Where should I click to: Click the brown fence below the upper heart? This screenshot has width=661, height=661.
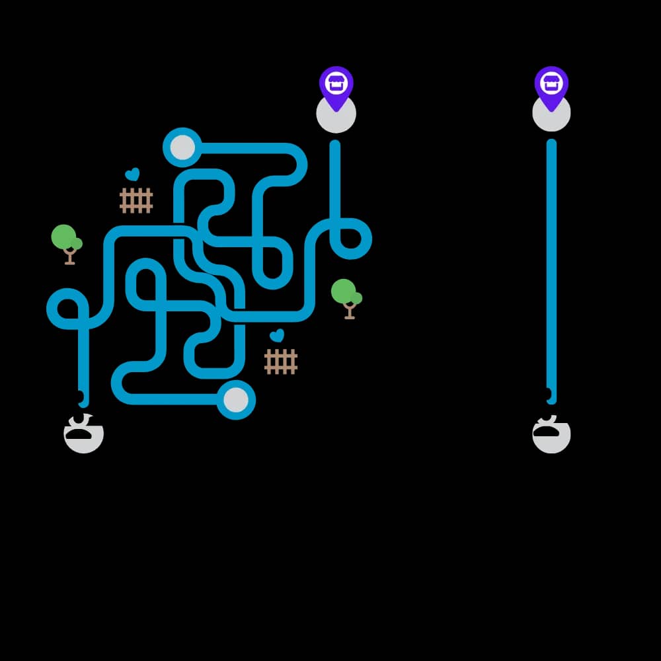[136, 200]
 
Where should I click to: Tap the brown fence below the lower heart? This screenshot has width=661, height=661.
[281, 362]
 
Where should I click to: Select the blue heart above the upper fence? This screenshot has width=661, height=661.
[132, 175]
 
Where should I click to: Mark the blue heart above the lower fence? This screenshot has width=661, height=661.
[277, 336]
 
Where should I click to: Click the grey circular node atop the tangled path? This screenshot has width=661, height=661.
[182, 148]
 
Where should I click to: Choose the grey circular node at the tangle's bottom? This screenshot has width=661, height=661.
[236, 400]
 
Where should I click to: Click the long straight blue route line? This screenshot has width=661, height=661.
[551, 264]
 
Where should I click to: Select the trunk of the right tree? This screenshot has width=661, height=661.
[350, 311]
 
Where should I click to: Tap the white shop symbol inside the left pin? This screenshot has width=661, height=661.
[336, 83]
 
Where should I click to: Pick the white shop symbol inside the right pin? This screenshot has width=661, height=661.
[551, 83]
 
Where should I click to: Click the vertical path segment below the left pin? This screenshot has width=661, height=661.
[335, 178]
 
